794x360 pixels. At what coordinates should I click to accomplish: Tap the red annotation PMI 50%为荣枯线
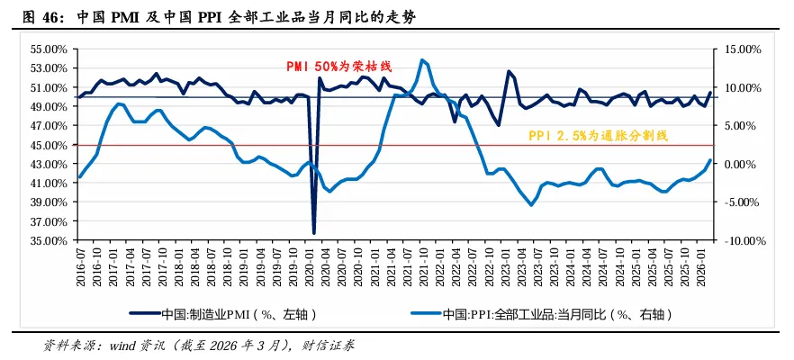point(339,67)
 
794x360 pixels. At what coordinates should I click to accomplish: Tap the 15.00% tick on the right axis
point(738,49)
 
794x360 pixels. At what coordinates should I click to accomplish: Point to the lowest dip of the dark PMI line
point(314,233)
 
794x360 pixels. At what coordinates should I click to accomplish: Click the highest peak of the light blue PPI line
point(422,60)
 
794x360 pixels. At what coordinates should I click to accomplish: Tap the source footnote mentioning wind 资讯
point(199,345)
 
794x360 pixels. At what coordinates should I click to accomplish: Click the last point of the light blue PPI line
point(710,160)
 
